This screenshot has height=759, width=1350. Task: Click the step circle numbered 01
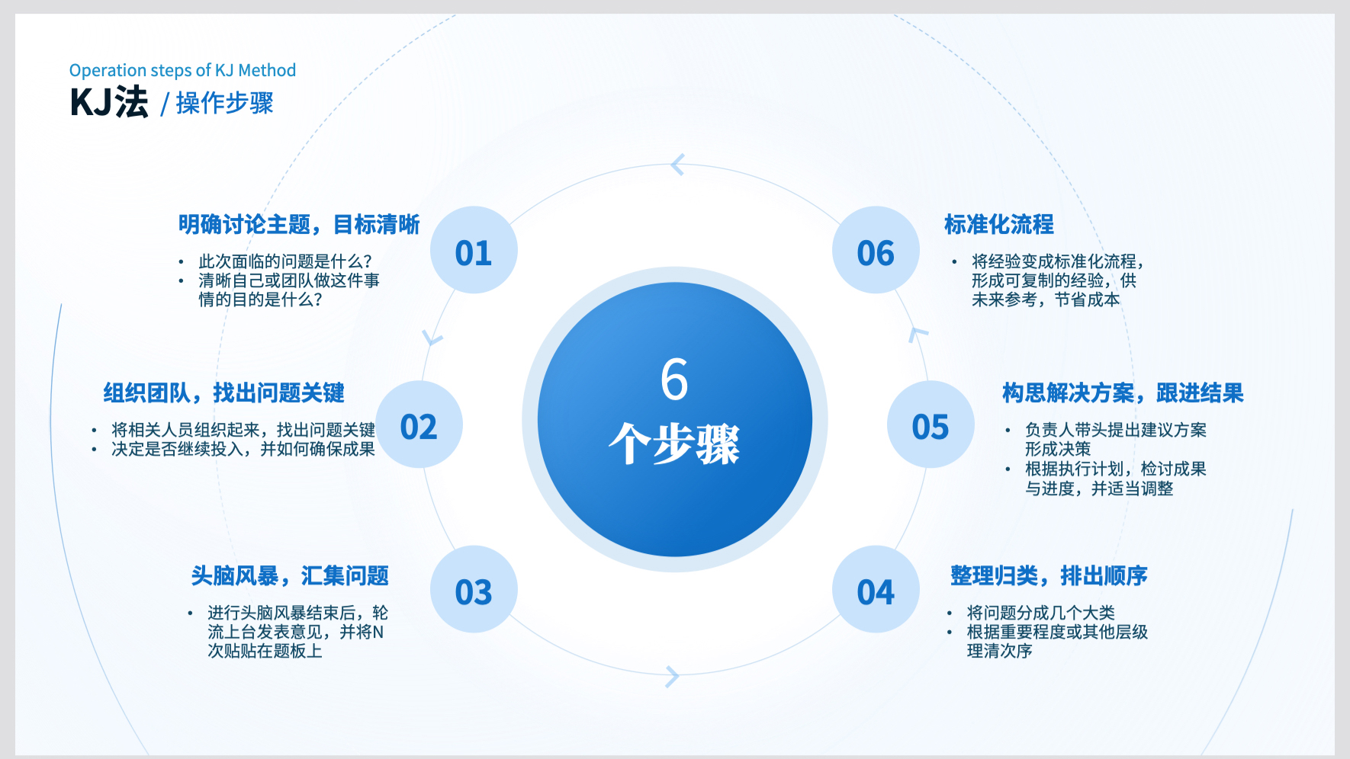click(474, 250)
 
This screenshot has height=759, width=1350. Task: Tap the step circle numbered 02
click(419, 424)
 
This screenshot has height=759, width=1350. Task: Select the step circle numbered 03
click(474, 589)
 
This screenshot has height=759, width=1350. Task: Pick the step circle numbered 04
click(876, 589)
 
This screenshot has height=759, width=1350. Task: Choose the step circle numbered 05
click(931, 424)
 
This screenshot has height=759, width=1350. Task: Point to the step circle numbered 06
click(876, 250)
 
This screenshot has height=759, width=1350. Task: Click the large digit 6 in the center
click(674, 379)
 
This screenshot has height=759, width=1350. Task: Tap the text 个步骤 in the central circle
click(674, 444)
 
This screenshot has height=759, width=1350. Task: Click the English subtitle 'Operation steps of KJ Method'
click(182, 71)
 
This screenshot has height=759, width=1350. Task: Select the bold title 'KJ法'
click(109, 102)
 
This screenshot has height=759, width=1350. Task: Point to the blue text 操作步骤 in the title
click(224, 103)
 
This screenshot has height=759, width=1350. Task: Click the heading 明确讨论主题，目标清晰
click(299, 225)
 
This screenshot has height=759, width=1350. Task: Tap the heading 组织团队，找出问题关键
click(224, 393)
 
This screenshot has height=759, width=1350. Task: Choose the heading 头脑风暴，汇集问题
click(290, 576)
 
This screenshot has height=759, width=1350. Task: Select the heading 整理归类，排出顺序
click(1049, 576)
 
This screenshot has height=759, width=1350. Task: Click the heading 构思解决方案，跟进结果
click(1123, 393)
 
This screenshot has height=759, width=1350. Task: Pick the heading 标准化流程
click(999, 225)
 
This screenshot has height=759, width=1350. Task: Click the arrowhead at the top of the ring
click(677, 164)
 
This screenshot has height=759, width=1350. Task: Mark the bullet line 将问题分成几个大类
click(1040, 613)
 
